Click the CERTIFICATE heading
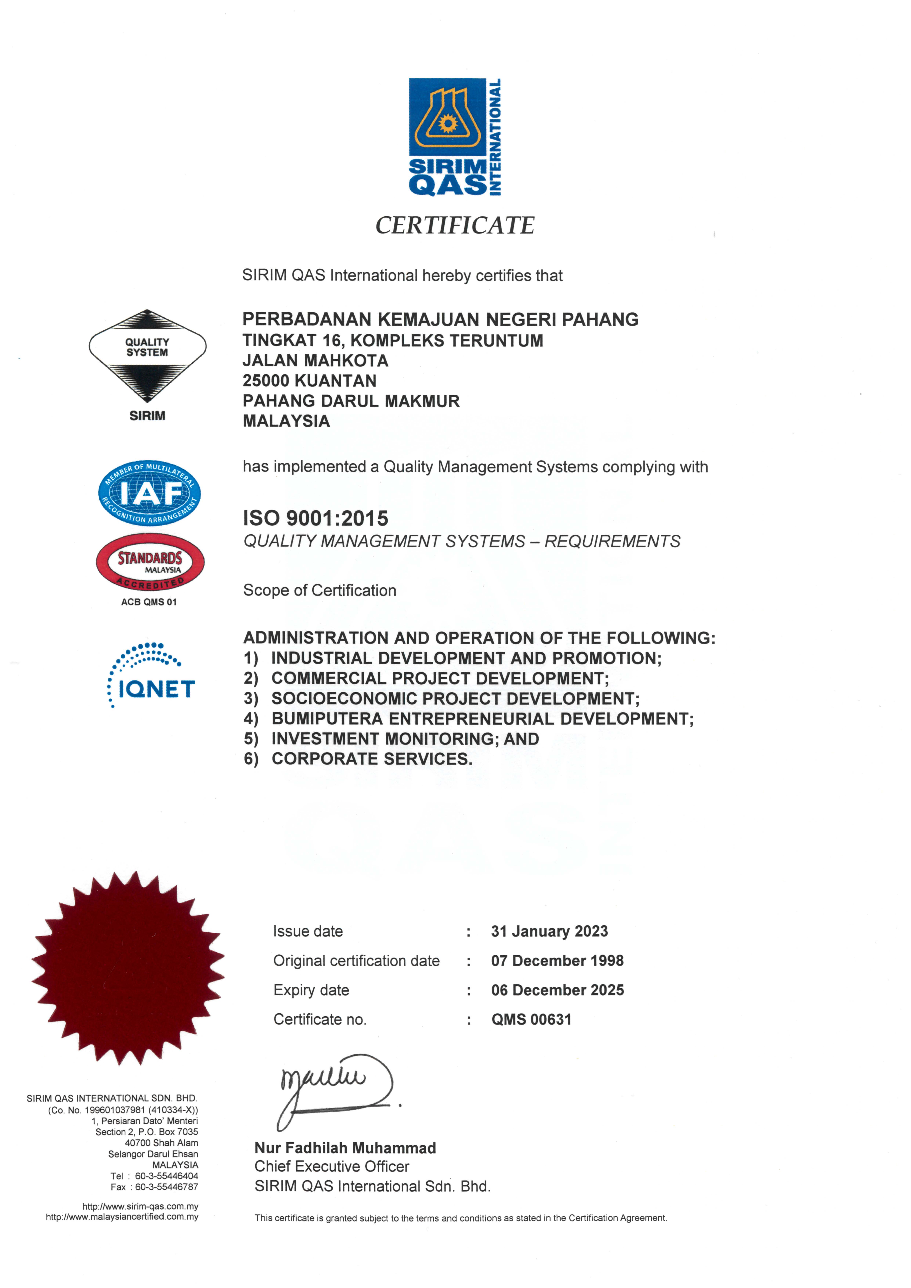coord(455,225)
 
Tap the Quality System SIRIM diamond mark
coord(147,356)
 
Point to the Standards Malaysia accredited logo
coord(150,562)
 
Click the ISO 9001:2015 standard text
coord(315,518)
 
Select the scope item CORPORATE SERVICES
coord(372,759)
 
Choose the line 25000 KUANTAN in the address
coord(309,381)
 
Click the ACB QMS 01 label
coord(149,602)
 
